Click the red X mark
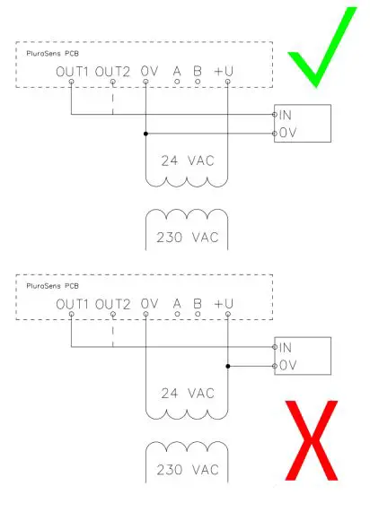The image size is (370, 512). [313, 439]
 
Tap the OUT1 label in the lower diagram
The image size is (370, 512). [71, 304]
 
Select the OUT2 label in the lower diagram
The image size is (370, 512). [113, 304]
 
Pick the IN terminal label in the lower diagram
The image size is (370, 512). [285, 347]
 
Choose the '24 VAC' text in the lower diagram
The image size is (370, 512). [186, 394]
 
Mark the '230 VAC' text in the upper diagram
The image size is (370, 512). [186, 239]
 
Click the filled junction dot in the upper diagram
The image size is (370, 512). [145, 134]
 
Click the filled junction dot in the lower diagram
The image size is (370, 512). [228, 366]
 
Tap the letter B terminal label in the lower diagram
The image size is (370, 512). [198, 304]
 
